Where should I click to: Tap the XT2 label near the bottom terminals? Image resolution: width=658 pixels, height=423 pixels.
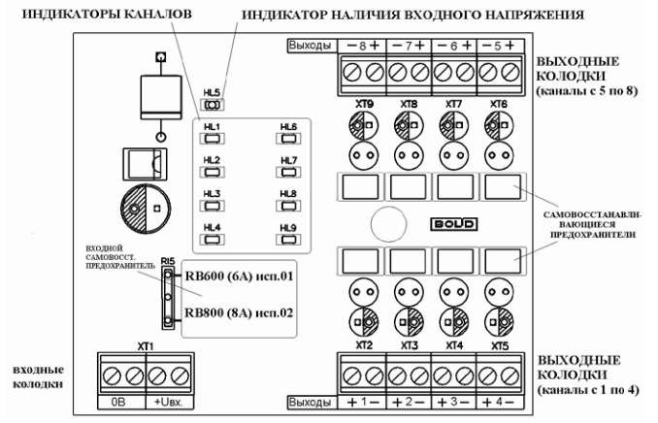364,344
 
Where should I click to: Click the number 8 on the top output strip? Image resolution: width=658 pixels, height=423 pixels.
364,47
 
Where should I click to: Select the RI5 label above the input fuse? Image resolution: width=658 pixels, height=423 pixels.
168,260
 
